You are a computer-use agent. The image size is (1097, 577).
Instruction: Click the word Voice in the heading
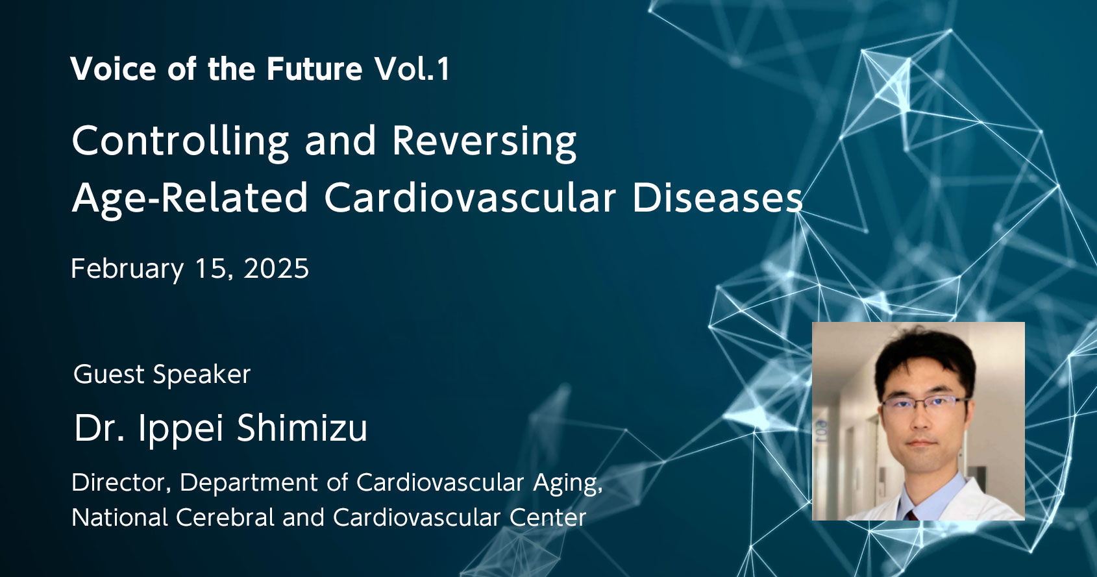click(x=113, y=69)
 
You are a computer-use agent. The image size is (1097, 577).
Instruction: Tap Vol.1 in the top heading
click(x=412, y=69)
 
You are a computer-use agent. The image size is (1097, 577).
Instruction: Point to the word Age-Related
click(x=190, y=199)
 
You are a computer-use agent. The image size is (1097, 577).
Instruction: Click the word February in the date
click(x=127, y=269)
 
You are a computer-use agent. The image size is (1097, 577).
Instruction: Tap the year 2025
click(x=277, y=269)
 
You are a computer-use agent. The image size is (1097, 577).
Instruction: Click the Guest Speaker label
click(x=162, y=374)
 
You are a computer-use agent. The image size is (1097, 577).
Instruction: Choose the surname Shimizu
click(x=302, y=427)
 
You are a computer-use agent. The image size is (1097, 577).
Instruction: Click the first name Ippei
click(x=180, y=428)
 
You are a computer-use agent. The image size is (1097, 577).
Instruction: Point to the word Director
click(x=121, y=482)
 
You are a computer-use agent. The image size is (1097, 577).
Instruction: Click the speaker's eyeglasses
click(x=924, y=404)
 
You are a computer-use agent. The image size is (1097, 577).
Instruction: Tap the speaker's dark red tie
click(x=911, y=515)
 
